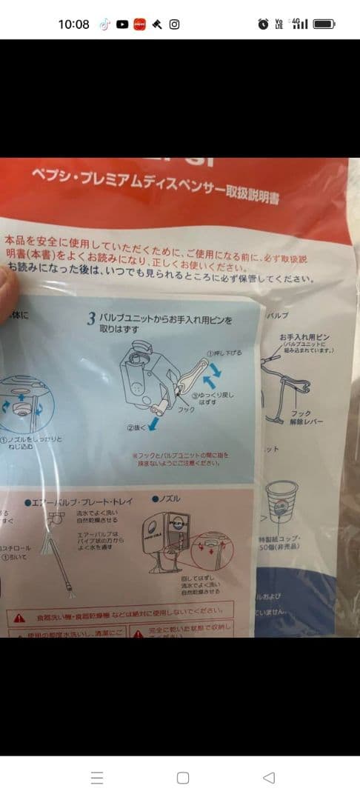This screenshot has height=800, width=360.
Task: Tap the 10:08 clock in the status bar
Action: pos(73,24)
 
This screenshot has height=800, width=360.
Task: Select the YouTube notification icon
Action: pos(121,24)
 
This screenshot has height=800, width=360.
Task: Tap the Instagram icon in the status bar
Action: pos(174,24)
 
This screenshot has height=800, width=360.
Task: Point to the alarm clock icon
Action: pos(263,24)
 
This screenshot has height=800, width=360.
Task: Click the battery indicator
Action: pos(324,24)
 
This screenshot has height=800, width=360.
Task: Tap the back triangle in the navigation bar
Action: pos(269,778)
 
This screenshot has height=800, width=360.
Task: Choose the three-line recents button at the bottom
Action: pos(97,778)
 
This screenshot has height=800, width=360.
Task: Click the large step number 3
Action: pos(91,320)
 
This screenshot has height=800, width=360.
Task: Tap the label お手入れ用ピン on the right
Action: pos(303,337)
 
